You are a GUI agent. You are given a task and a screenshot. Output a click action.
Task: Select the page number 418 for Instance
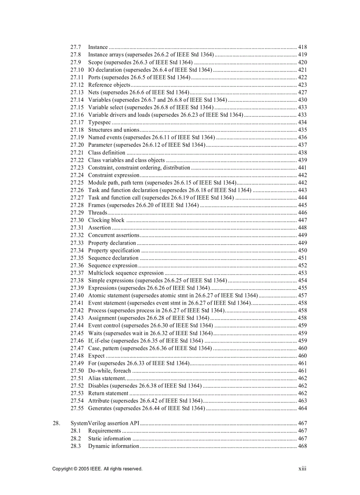[302, 47]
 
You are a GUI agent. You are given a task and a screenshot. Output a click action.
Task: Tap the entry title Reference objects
[109, 85]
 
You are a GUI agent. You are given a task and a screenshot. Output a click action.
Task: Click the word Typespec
[99, 122]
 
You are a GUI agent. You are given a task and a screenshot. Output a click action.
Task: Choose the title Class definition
[107, 153]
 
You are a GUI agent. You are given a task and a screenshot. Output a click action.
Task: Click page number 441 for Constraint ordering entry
[302, 167]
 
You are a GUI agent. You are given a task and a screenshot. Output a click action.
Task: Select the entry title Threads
[97, 212]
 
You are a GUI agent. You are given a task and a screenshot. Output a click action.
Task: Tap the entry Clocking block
[106, 220]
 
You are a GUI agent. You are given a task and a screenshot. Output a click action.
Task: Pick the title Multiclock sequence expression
[126, 273]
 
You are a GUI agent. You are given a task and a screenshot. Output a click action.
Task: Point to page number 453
[302, 273]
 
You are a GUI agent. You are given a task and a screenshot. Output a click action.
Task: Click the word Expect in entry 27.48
[97, 356]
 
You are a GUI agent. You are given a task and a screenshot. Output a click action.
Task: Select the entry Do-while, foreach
[109, 371]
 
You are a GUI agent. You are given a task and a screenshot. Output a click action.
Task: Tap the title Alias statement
[107, 378]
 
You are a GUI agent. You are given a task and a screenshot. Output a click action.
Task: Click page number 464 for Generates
[302, 408]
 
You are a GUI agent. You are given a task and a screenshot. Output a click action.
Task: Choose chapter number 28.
[56, 423]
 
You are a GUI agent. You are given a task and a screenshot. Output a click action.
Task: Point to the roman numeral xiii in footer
[302, 469]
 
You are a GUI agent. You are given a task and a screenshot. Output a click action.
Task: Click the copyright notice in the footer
[97, 469]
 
